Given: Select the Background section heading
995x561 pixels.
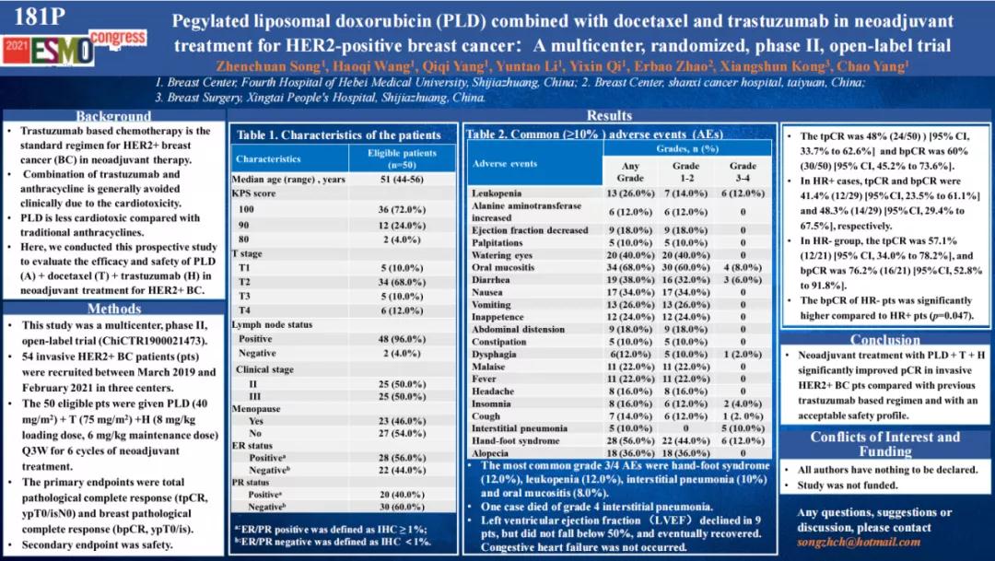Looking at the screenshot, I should pos(113,116).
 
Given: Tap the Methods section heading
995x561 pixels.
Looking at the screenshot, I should pos(113,309).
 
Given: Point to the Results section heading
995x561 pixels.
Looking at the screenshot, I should pos(609,115).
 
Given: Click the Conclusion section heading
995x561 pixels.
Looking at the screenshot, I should pos(884,339).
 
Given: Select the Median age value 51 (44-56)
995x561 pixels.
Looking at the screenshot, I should pos(402,179).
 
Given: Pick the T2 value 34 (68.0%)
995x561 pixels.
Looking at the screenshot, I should pos(402,281).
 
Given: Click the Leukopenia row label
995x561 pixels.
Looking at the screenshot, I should pos(497,193).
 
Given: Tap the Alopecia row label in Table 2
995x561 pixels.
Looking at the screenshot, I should pos(490,453).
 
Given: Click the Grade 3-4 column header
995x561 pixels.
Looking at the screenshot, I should pos(743,171).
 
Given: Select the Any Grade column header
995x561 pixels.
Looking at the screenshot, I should pos(630,171).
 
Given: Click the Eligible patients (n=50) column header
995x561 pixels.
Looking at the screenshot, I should pos(402,158).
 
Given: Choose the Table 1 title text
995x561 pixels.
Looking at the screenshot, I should pos(338,134).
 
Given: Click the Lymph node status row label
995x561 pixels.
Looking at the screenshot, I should pos(272,324).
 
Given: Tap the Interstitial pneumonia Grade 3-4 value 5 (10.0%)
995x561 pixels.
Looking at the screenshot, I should pos(743,428).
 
